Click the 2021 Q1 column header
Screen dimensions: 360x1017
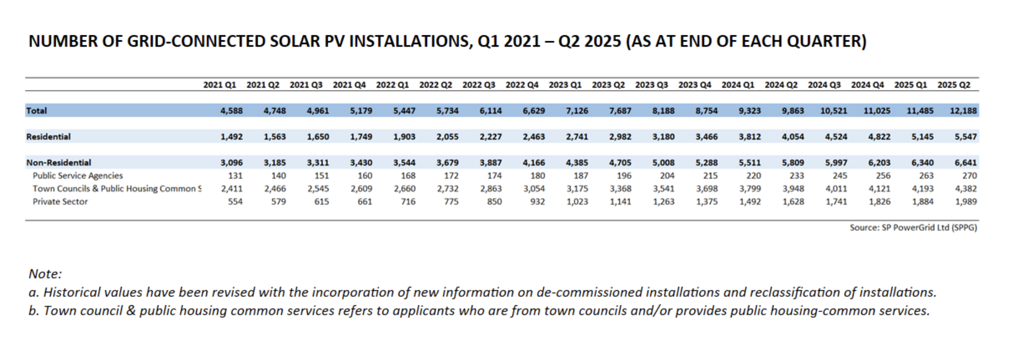tap(219, 85)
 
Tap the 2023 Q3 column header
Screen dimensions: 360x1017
tap(651, 85)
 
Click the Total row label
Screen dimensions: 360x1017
tap(36, 111)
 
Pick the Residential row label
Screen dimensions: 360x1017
tap(48, 137)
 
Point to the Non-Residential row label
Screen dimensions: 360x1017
tap(59, 163)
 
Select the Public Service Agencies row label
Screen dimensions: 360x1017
tap(78, 176)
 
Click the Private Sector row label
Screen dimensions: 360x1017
tap(60, 201)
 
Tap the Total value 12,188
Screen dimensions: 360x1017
tap(963, 111)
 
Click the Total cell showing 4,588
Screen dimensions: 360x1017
tap(232, 111)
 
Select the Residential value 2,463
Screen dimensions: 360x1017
tap(533, 137)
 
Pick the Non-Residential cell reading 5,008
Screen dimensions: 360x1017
tap(663, 163)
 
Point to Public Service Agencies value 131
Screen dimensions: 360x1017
tap(235, 176)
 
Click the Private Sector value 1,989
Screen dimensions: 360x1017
tap(965, 201)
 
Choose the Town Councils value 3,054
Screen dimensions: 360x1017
tap(533, 188)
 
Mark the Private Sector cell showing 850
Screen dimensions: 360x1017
tap(494, 201)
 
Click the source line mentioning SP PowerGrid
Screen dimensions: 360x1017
tap(913, 228)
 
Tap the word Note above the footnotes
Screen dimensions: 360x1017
tap(45, 274)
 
